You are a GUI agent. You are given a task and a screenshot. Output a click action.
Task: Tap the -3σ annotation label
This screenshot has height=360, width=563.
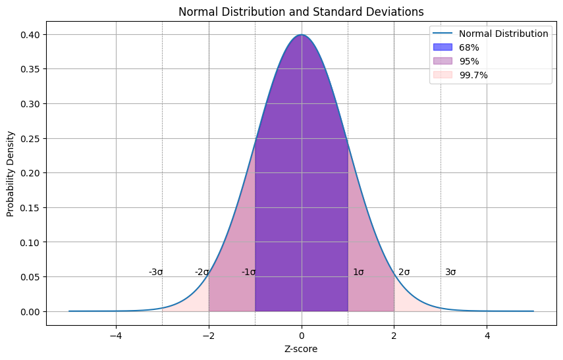(155, 272)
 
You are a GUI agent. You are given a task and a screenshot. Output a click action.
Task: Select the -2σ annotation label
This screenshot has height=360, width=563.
(201, 272)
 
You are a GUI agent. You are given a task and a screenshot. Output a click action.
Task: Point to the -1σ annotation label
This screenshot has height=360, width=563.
(248, 272)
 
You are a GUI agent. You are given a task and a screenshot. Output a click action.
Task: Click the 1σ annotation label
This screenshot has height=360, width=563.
(358, 272)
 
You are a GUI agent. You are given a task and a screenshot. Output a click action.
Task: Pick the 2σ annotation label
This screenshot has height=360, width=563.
(404, 272)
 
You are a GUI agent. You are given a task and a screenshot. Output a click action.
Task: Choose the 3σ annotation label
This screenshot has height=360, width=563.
(450, 272)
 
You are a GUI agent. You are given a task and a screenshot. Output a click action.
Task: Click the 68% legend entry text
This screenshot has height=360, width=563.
(469, 47)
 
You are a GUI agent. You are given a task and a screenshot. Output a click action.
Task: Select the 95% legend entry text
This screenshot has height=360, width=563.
(469, 61)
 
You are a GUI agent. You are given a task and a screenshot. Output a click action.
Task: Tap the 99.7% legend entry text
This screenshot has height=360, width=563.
(473, 75)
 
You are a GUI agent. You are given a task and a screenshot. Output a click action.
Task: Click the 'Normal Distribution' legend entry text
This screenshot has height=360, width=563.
(504, 34)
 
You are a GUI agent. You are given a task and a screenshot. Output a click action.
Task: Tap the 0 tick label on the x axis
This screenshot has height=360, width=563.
(302, 335)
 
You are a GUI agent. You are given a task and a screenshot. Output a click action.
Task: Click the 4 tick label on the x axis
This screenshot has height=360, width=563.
(487, 335)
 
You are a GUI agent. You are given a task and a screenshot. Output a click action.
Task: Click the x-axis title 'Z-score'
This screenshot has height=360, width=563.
(302, 349)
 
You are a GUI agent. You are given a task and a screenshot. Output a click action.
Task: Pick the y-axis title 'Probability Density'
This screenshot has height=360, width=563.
(11, 173)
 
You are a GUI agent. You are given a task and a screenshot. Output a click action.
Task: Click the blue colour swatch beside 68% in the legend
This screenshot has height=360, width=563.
(443, 47)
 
